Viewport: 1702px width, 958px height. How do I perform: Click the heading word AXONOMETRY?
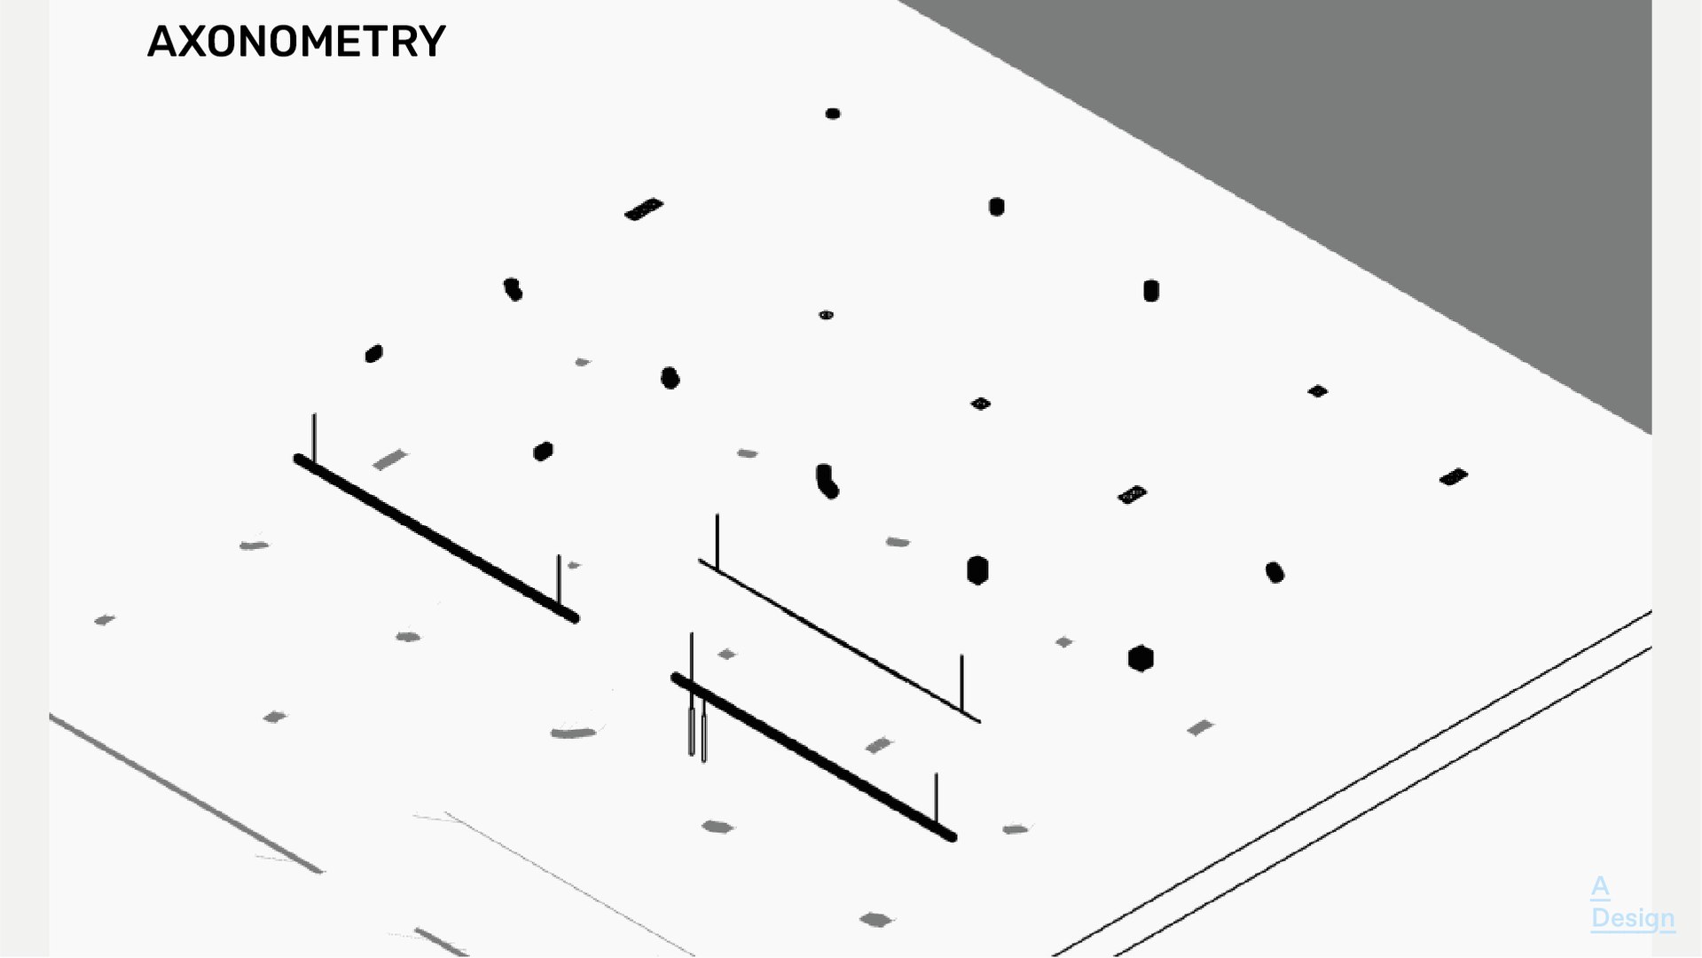(x=296, y=42)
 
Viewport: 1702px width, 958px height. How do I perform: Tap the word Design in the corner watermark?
(x=1633, y=918)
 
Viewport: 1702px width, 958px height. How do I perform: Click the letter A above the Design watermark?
(x=1600, y=886)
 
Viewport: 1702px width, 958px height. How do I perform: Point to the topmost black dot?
(x=833, y=114)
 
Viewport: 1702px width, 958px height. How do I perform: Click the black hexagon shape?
(x=1141, y=658)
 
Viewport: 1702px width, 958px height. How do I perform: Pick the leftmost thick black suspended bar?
(x=435, y=538)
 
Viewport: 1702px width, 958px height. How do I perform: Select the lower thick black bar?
(x=813, y=757)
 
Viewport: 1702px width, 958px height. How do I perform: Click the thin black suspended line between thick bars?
(x=838, y=640)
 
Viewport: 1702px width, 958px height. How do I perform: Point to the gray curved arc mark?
(x=573, y=733)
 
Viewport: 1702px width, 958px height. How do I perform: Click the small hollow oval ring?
(x=826, y=315)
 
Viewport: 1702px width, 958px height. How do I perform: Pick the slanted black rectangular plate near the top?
(x=644, y=209)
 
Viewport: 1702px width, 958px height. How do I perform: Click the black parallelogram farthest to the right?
(x=1454, y=477)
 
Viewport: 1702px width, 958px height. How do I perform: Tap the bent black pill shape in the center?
(x=827, y=481)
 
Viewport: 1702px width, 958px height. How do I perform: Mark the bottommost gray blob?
(x=875, y=920)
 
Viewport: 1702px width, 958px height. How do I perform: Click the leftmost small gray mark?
(x=104, y=620)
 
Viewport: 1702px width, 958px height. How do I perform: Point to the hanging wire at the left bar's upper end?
(x=314, y=436)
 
